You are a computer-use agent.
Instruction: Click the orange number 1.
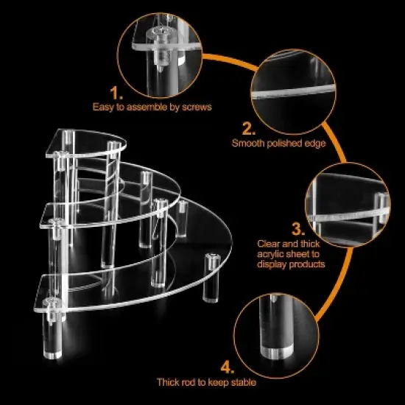[x=116, y=92]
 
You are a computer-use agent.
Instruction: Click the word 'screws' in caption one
[x=197, y=108]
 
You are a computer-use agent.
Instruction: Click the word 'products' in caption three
[x=309, y=263]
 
